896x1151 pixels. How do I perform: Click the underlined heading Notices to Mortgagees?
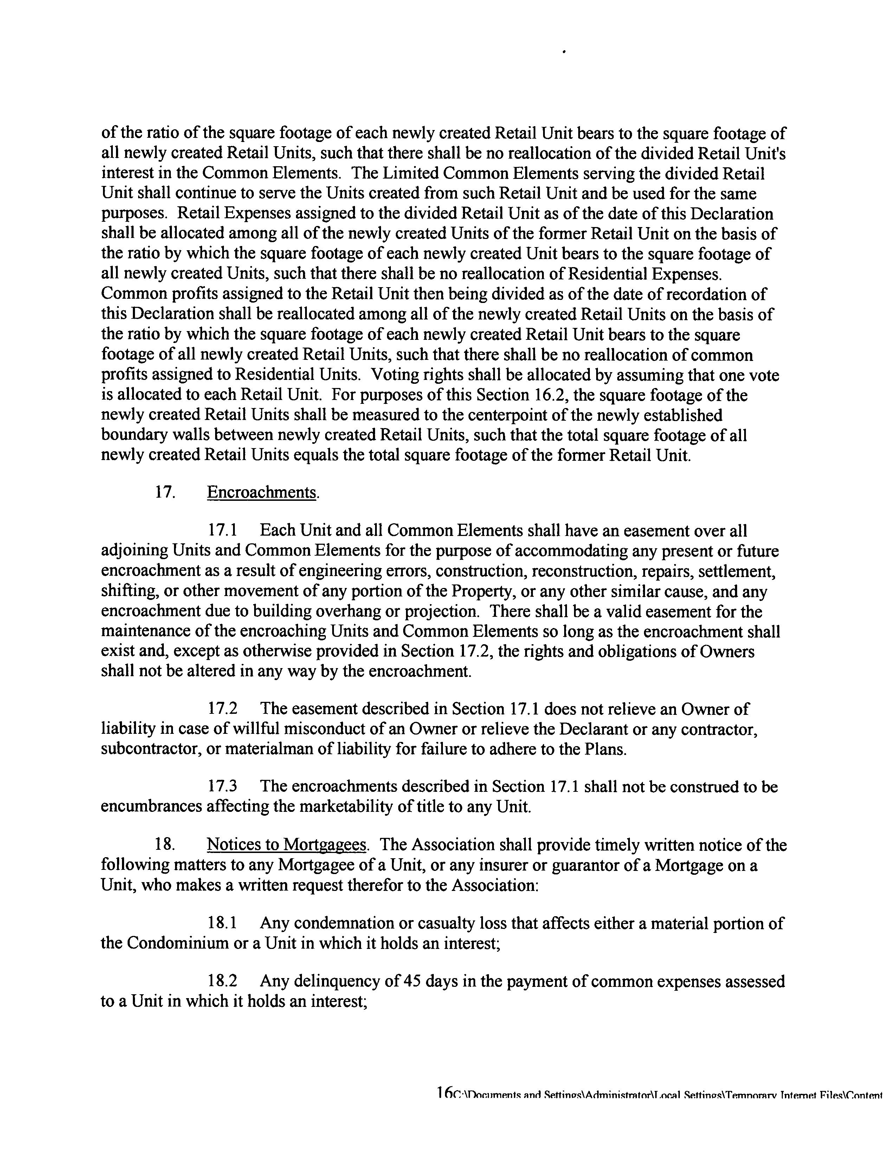[x=287, y=845]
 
